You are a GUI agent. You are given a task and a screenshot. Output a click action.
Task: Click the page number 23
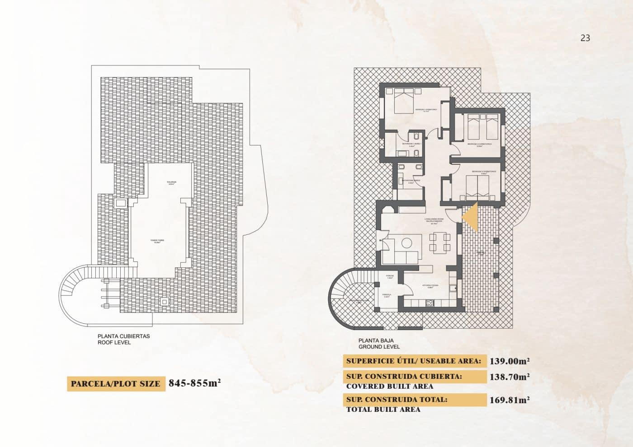[585, 38]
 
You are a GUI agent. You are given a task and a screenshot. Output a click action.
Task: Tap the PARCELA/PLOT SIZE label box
[116, 384]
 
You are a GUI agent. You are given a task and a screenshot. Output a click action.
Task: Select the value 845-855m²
[194, 383]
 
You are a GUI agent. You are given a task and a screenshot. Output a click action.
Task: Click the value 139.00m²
[509, 361]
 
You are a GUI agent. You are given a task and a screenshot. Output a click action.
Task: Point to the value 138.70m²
[509, 377]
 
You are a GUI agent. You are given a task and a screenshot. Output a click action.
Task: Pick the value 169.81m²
[509, 400]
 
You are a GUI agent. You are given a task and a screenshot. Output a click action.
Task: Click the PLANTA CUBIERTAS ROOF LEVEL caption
[123, 339]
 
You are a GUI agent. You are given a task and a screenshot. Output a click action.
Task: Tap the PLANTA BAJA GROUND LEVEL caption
[379, 344]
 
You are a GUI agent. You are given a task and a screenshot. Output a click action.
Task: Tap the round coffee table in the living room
[406, 243]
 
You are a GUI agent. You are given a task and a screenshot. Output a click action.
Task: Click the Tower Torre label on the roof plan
[157, 242]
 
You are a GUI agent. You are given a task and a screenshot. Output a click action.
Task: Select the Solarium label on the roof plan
[171, 183]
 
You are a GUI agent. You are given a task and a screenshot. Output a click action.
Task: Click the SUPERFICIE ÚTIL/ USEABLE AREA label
[413, 361]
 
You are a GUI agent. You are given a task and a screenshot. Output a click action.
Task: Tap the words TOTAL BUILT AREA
[383, 410]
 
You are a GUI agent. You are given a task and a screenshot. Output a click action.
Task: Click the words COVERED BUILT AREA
[389, 386]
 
